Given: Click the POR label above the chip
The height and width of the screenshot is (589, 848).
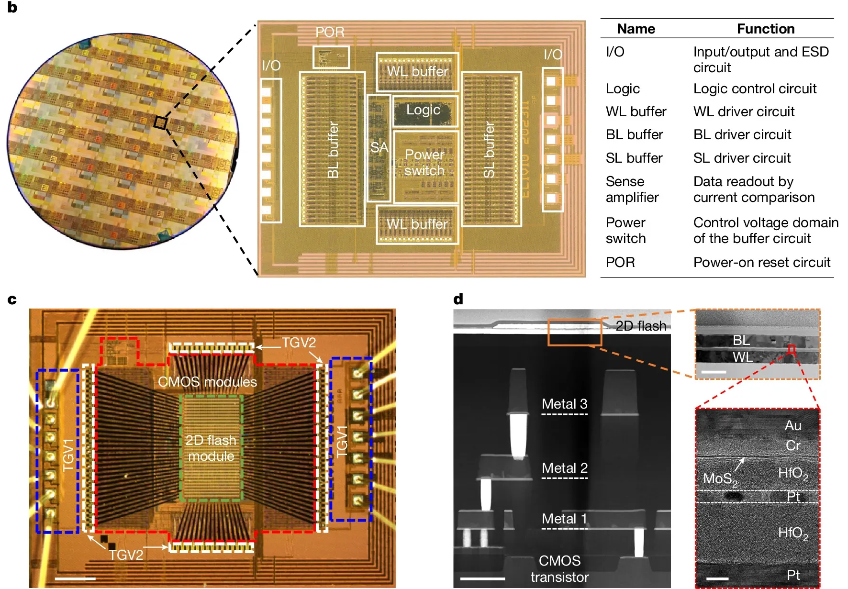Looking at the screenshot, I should click(x=330, y=32).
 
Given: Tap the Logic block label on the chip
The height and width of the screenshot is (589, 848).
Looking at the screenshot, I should click(x=423, y=110).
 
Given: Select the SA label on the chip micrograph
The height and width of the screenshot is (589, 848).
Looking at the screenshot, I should click(x=379, y=147).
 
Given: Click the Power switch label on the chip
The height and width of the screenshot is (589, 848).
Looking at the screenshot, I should click(x=424, y=163).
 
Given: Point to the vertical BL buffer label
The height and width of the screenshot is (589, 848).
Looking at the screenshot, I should click(x=333, y=149).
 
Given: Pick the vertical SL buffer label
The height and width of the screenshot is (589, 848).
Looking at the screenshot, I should click(x=489, y=149).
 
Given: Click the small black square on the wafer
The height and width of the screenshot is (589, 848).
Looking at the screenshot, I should click(x=160, y=123).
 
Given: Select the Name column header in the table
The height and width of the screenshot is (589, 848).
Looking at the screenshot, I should click(x=636, y=29).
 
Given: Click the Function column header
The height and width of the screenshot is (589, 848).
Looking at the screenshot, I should click(x=765, y=29).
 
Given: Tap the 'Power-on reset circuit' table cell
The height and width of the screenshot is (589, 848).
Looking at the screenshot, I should click(x=761, y=262).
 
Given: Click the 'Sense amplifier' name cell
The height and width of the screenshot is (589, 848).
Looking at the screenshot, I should click(x=632, y=189).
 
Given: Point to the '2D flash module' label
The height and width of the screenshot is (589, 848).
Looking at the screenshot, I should click(x=211, y=448).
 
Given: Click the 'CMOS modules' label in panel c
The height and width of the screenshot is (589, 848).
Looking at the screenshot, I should click(x=207, y=382).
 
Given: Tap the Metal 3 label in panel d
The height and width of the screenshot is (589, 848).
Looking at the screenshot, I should click(x=564, y=404).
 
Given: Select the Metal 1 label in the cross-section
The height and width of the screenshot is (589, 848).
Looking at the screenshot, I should click(x=564, y=519).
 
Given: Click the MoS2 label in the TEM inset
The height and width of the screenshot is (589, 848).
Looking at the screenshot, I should click(x=720, y=479).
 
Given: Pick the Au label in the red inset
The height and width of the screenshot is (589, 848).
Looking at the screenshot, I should click(x=793, y=425).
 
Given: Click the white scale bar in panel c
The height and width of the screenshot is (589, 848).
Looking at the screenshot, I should click(x=75, y=578).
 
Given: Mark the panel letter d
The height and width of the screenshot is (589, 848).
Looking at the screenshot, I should click(x=458, y=300).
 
